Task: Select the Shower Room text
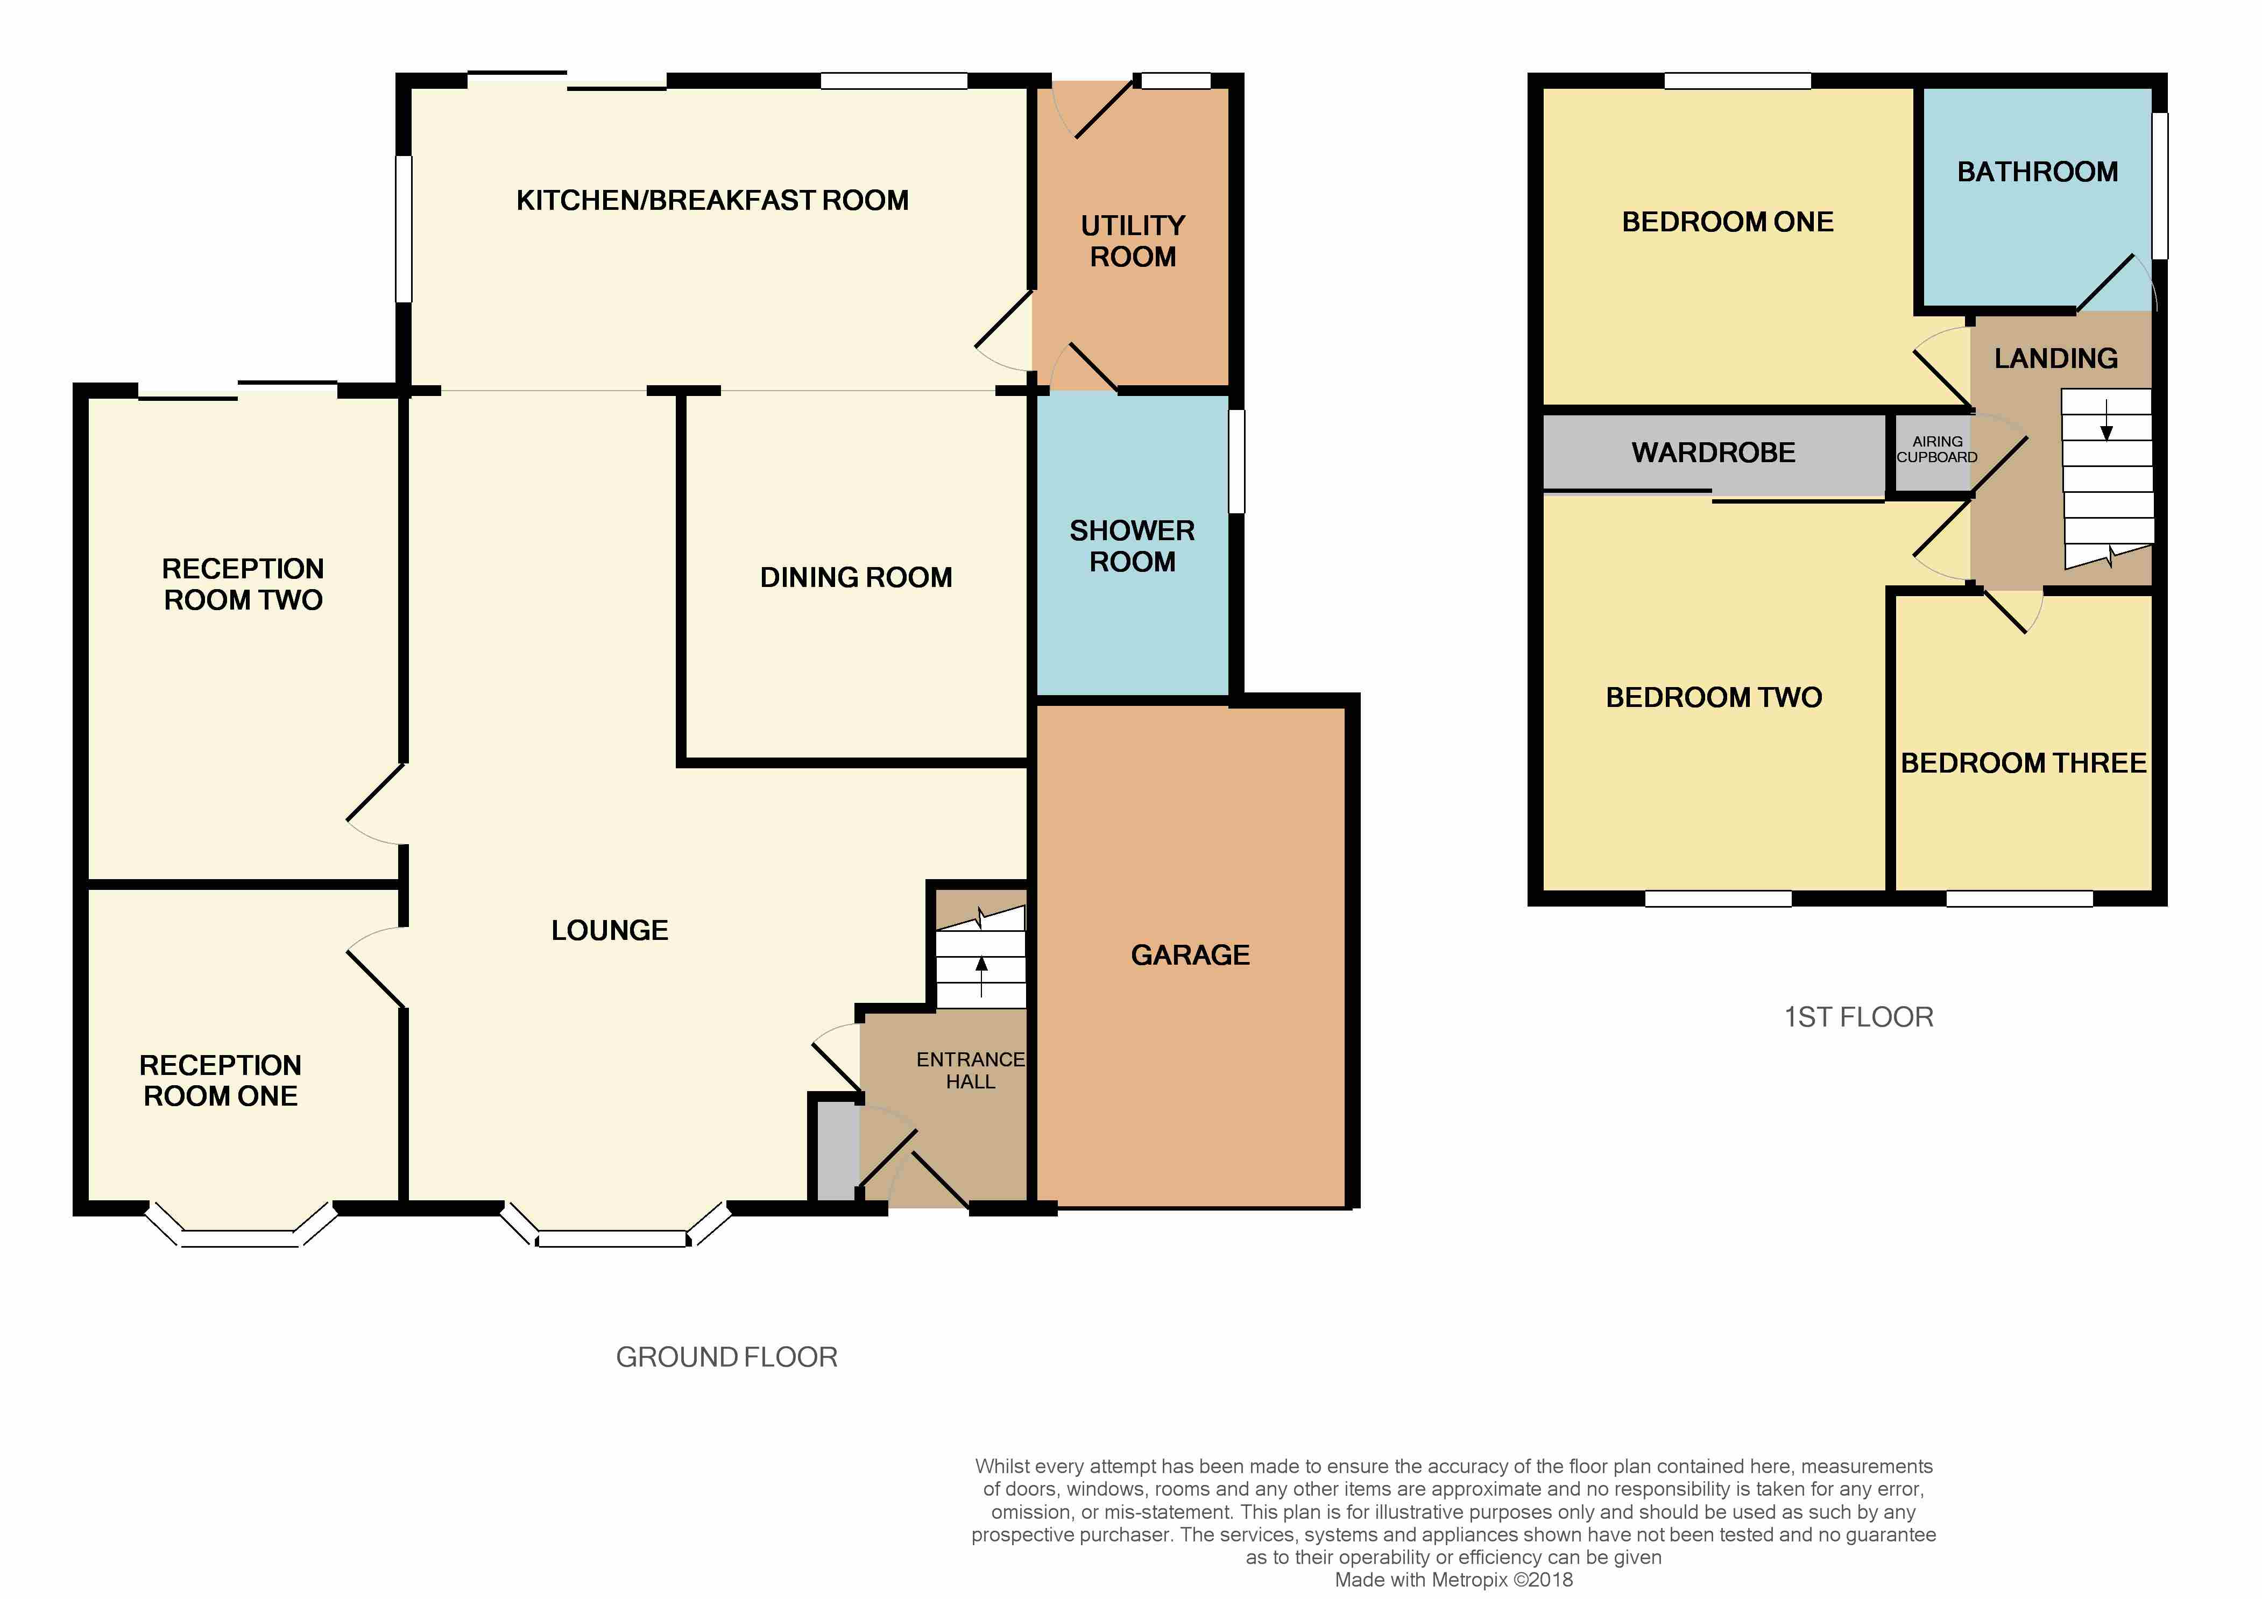coord(1132,546)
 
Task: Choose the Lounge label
coord(610,930)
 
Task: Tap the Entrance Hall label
coord(971,1070)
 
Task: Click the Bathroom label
coord(2038,172)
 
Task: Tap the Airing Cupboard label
coord(1937,449)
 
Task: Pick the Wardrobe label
coord(1713,452)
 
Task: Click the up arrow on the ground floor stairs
coord(981,978)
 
